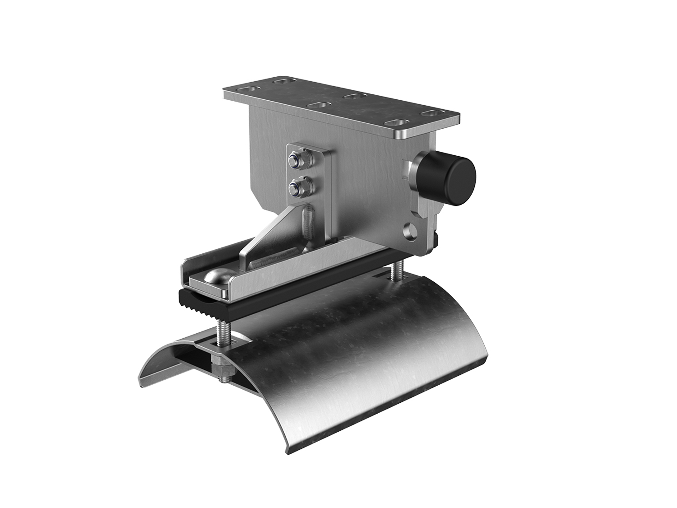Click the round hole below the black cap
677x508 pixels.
pyautogui.click(x=412, y=229)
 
